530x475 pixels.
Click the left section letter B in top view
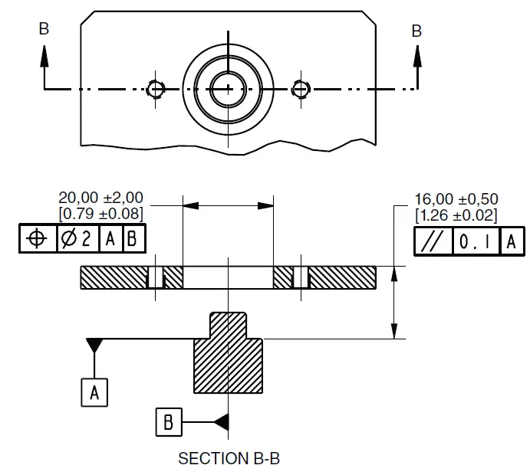pos(44,28)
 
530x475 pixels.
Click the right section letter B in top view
pos(416,31)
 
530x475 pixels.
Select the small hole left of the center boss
pos(156,90)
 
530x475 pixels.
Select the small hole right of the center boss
pos(301,90)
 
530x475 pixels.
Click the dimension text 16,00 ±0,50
pos(456,198)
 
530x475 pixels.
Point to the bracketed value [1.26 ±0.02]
pos(456,215)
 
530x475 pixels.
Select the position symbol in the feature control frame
pos(36,239)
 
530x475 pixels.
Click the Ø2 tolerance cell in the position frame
pos(77,239)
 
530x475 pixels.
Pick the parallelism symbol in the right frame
pos(433,242)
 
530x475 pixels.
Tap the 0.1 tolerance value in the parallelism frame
pos(476,242)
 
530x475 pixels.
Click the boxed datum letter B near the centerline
pos(169,422)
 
